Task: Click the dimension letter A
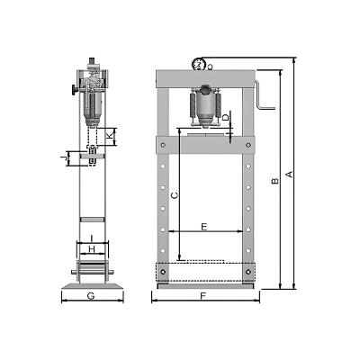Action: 290,174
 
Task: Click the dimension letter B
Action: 274,181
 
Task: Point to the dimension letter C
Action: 175,195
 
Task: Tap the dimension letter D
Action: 227,117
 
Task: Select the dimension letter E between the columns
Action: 204,227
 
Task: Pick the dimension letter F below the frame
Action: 203,296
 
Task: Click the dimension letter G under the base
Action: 91,296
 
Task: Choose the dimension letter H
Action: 92,249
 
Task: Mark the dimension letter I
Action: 92,238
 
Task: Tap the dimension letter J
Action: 63,158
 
